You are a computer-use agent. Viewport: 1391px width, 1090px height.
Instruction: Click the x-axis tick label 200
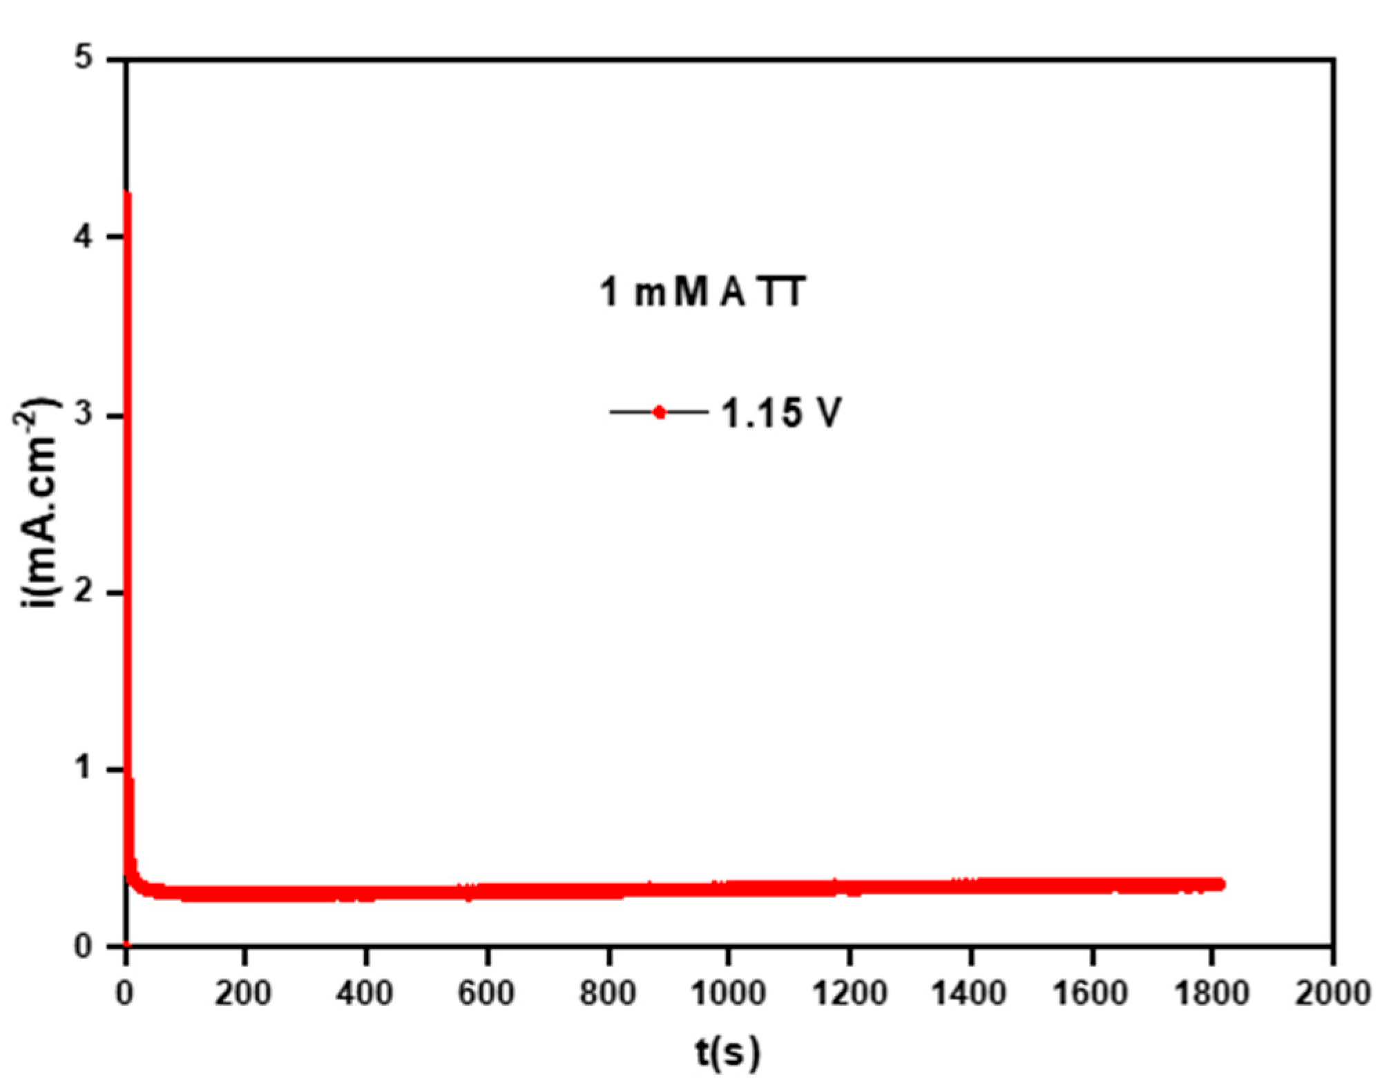click(x=243, y=993)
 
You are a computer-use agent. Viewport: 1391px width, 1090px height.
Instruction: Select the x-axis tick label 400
click(x=365, y=993)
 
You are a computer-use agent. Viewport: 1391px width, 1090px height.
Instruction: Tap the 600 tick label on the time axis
click(x=487, y=993)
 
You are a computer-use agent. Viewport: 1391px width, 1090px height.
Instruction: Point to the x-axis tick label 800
click(x=608, y=993)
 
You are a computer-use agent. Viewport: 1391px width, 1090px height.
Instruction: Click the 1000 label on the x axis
click(x=729, y=993)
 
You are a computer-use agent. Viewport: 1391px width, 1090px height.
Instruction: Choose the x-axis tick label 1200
click(x=850, y=993)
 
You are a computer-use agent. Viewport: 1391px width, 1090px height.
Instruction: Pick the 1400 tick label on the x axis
click(x=970, y=993)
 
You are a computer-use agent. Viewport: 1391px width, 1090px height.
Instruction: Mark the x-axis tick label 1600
click(x=1091, y=993)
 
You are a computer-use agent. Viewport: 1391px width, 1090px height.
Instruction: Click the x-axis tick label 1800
click(x=1212, y=993)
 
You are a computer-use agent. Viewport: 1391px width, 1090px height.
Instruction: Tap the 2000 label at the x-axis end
click(x=1333, y=993)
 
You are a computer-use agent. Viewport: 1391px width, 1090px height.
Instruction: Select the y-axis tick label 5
click(x=84, y=59)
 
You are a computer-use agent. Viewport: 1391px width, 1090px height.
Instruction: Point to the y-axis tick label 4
click(x=84, y=237)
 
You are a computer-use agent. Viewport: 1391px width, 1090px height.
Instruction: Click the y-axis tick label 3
click(x=84, y=415)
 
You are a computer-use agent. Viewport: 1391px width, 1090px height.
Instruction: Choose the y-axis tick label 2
click(x=84, y=593)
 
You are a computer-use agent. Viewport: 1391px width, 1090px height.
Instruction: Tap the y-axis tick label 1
click(x=84, y=768)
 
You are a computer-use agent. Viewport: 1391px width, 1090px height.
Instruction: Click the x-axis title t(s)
click(x=728, y=1053)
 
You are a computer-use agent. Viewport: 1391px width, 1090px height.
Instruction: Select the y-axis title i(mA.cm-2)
click(x=38, y=503)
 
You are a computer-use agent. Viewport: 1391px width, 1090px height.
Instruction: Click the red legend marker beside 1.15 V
click(x=660, y=412)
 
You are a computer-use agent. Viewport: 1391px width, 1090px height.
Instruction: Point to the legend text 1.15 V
click(x=782, y=414)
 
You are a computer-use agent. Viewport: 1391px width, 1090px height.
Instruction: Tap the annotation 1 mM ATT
click(x=702, y=291)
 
